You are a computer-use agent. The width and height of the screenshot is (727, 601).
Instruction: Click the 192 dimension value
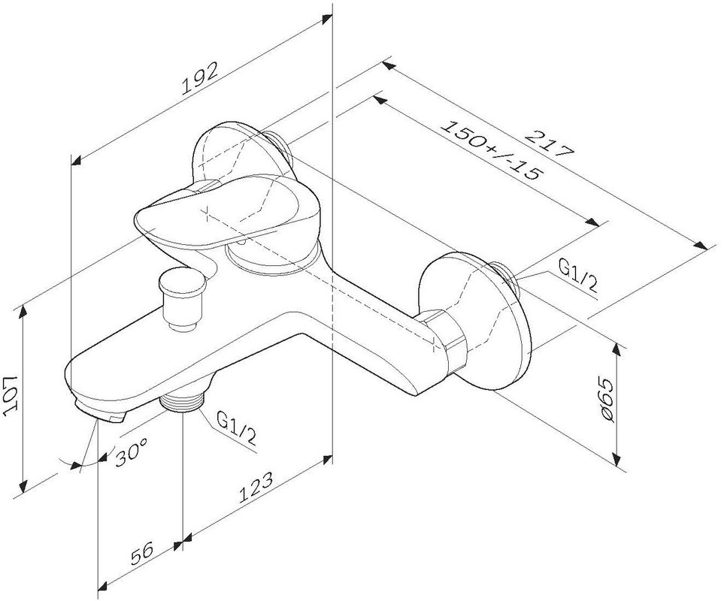199,79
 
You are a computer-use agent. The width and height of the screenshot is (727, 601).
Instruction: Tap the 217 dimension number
550,144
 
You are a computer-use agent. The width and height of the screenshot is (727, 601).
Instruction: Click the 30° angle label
132,452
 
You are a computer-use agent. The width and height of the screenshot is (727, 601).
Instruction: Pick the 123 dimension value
256,488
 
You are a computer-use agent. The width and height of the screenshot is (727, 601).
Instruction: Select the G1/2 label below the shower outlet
237,428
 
